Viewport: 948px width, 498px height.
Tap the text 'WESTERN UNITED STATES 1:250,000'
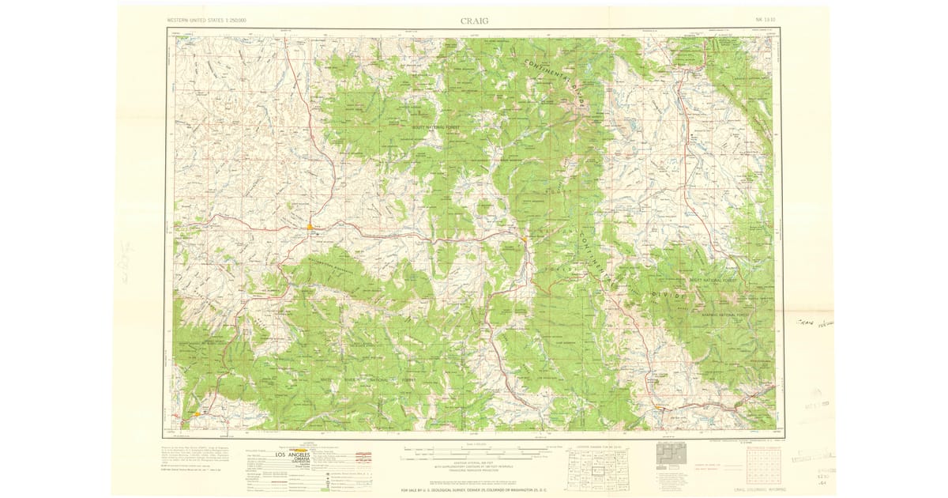tap(207, 19)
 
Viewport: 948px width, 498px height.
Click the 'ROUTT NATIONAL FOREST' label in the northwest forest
tap(435, 126)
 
